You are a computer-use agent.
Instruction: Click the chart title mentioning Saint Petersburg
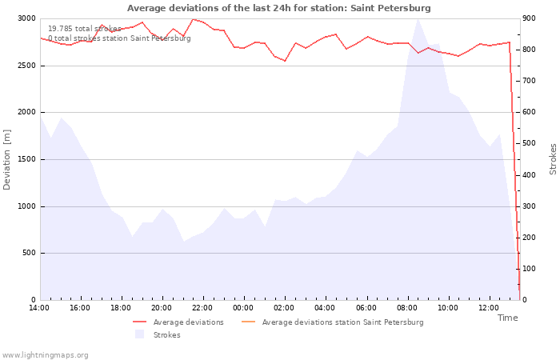point(279,8)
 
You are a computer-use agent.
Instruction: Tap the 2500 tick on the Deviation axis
point(26,66)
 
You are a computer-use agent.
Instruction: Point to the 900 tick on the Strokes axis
point(529,18)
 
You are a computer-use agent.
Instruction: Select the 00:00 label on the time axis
point(243,308)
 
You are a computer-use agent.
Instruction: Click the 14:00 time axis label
point(39,308)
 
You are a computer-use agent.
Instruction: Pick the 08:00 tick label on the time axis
point(406,308)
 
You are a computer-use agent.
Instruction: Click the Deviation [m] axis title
point(6,160)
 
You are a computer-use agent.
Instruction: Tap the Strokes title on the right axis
point(553,159)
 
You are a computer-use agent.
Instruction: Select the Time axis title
point(507,318)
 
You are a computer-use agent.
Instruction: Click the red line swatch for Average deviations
point(140,322)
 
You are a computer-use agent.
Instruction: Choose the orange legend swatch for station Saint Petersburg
point(249,322)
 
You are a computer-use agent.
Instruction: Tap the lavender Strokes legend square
point(139,334)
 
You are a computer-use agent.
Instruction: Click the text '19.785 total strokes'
point(85,29)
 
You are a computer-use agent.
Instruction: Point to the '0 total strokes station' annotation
point(89,38)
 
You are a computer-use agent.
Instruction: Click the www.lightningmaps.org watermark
point(45,355)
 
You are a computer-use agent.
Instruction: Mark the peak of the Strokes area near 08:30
point(418,19)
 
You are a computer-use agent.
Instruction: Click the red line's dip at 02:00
point(285,61)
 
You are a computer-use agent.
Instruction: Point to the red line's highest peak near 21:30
point(193,19)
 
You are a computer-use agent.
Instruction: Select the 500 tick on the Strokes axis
point(529,143)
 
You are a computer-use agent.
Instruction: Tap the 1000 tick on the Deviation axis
point(26,206)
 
